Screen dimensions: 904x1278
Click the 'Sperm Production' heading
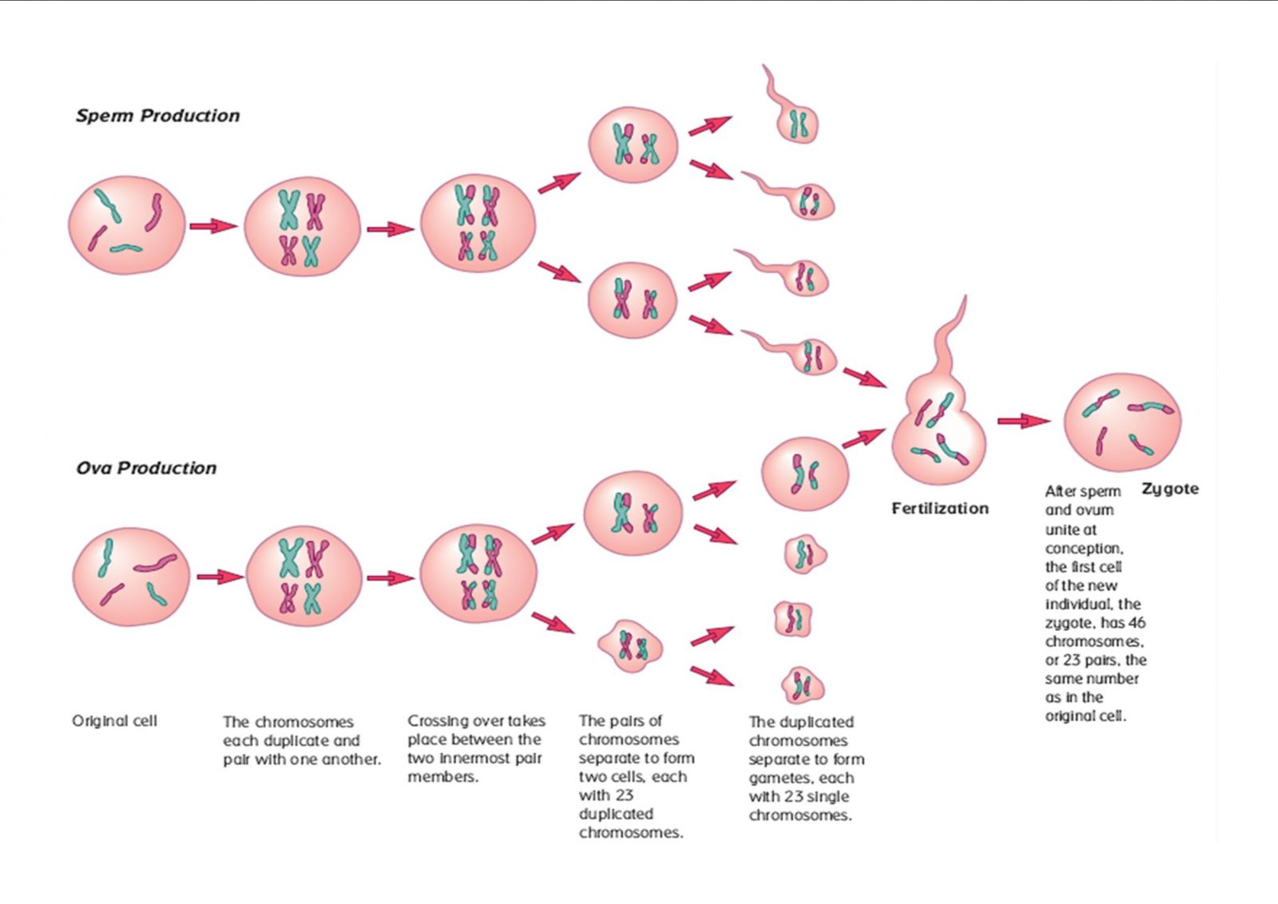157,116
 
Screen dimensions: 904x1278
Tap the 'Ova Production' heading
146,468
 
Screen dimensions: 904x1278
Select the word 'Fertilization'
939,509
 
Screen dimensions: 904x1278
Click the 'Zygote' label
1169,489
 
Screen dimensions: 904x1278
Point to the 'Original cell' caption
114,721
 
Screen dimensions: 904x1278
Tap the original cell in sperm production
127,225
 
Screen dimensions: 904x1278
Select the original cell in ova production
131,577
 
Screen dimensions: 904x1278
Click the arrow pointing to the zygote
1023,421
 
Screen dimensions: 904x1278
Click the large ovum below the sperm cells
804,474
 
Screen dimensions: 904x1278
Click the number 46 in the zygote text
1137,623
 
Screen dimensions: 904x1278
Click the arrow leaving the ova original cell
219,577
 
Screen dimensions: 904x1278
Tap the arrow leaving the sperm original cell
213,226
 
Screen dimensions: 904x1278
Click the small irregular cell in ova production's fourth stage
630,646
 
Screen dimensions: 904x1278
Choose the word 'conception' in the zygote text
1083,549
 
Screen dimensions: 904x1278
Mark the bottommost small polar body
802,685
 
